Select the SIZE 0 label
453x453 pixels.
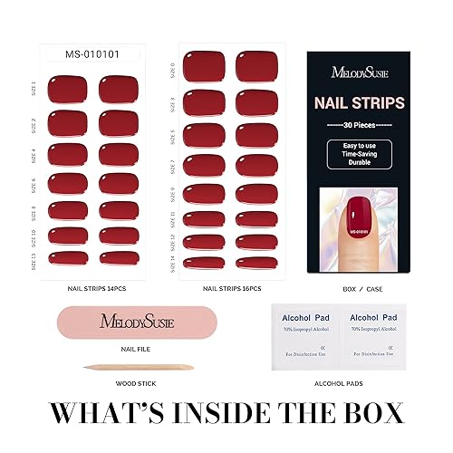[x=173, y=66]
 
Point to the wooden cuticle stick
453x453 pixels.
[x=118, y=369]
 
